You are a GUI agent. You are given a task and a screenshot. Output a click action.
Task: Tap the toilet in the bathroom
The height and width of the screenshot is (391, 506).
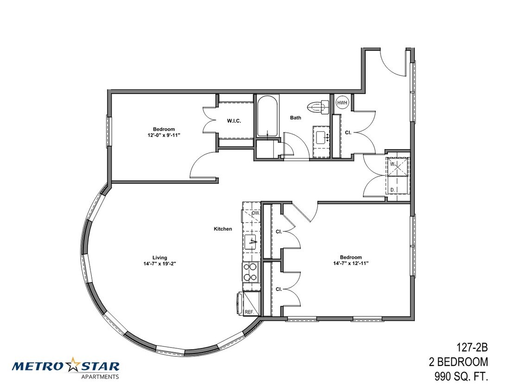pyautogui.click(x=318, y=107)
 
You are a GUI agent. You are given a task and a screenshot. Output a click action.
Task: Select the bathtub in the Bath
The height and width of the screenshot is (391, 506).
pyautogui.click(x=267, y=116)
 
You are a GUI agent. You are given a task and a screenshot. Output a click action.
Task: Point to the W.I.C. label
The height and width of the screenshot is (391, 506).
pyautogui.click(x=234, y=121)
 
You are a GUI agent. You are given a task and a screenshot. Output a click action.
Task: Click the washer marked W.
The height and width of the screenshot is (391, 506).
pyautogui.click(x=398, y=167)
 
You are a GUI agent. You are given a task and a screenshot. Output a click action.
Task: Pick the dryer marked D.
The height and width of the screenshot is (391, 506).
pyautogui.click(x=398, y=186)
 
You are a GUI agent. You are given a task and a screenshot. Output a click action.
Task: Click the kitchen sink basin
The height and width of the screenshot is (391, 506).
pyautogui.click(x=251, y=242)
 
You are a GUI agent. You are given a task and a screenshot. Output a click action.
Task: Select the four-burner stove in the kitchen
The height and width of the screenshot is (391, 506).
pyautogui.click(x=251, y=272)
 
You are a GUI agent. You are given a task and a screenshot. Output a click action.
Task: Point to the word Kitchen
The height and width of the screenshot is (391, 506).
pyautogui.click(x=223, y=229)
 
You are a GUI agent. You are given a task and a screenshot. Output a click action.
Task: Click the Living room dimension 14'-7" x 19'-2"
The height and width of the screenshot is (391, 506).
pyautogui.click(x=160, y=263)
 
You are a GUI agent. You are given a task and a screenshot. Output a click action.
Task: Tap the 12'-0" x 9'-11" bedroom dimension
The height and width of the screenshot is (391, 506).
pyautogui.click(x=164, y=135)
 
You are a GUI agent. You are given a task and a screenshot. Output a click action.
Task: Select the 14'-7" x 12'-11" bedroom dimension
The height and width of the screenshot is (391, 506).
pyautogui.click(x=351, y=263)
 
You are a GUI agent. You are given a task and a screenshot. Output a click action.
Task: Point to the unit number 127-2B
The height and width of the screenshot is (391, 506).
pyautogui.click(x=472, y=348)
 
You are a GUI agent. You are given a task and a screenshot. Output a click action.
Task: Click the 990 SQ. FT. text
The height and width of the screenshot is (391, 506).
pyautogui.click(x=461, y=376)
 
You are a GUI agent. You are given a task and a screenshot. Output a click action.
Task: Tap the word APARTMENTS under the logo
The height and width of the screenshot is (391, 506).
pyautogui.click(x=100, y=377)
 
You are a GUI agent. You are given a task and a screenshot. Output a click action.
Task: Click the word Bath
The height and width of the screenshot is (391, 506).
pyautogui.click(x=295, y=117)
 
